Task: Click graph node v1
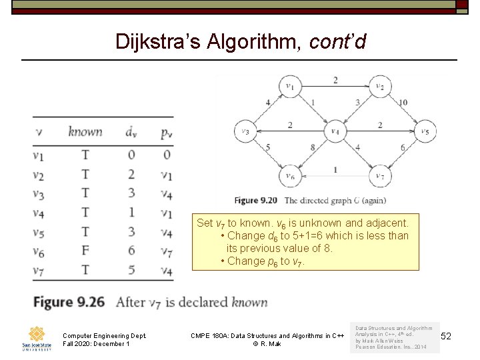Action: coord(290,86)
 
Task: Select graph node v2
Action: coord(379,86)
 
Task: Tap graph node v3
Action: coord(245,131)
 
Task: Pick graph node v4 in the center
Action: coord(335,131)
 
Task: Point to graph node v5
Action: coord(425,131)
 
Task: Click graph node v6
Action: coord(290,176)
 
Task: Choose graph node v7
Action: coord(379,176)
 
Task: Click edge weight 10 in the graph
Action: coord(403,103)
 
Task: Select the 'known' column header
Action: coord(85,131)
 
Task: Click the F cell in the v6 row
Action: coord(85,251)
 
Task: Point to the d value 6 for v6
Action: coord(131,251)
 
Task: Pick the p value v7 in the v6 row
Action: coord(166,251)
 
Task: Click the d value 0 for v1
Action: coord(131,155)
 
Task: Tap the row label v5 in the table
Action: coord(39,232)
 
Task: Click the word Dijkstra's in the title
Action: coord(156,41)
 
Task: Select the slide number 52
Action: coord(446,337)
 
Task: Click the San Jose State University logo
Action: coord(37,338)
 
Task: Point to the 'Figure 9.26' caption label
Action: coord(69,303)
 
